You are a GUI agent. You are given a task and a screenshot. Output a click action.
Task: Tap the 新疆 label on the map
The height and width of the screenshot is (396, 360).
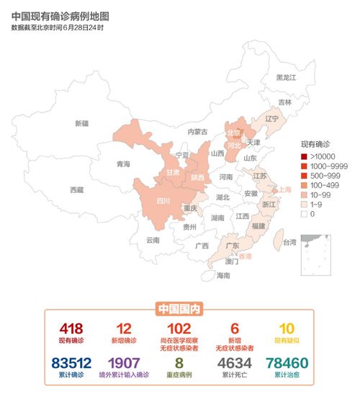(81, 123)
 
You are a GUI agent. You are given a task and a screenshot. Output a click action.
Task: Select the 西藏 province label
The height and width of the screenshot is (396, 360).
(76, 190)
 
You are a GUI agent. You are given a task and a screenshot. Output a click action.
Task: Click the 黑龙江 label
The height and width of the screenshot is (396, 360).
(287, 77)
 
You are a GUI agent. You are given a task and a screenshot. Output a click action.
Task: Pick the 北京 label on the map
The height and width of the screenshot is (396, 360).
(234, 133)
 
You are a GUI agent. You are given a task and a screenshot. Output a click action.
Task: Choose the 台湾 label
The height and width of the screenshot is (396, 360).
(289, 242)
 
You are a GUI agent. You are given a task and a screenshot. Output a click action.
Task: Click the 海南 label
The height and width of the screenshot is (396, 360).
(224, 275)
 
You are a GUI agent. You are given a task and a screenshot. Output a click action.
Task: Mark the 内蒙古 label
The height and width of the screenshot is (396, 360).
(197, 132)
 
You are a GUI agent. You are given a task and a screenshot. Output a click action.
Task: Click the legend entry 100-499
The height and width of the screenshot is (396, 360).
(319, 185)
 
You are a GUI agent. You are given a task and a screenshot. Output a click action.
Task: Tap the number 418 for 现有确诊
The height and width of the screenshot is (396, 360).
(73, 328)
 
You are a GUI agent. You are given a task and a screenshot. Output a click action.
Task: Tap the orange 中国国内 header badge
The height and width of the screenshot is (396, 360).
(179, 309)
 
